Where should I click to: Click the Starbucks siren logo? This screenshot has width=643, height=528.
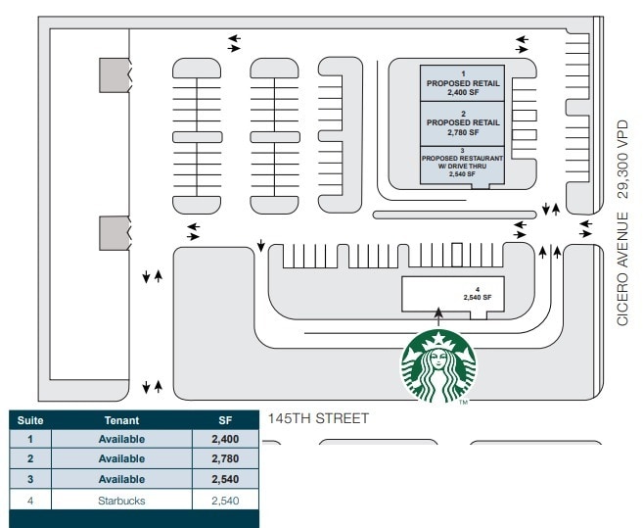tap(438, 366)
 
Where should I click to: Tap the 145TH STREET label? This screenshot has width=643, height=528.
tap(318, 418)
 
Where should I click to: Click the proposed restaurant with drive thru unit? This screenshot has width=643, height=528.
tap(463, 163)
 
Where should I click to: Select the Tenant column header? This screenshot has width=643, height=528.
tap(121, 420)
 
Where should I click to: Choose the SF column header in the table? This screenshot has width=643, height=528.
tap(225, 420)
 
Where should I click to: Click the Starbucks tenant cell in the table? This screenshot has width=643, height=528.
tap(121, 500)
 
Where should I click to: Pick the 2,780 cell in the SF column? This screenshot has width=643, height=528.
tap(225, 459)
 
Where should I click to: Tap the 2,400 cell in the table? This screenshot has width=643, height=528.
tap(225, 439)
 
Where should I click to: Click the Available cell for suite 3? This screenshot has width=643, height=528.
tap(121, 480)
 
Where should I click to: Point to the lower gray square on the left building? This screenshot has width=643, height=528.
tap(114, 233)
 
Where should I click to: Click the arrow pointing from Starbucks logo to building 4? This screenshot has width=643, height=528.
tap(438, 315)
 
